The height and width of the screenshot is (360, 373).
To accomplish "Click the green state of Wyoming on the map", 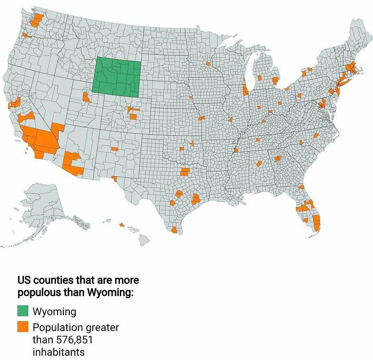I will (117, 78).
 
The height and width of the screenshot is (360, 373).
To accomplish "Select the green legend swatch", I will (23, 311).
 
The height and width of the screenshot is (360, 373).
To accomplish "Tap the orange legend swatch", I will (23, 326).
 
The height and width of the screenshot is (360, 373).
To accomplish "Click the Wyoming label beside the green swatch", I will (54, 312).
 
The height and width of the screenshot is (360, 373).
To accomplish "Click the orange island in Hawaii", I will (121, 225).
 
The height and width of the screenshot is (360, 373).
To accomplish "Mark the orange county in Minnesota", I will (207, 65).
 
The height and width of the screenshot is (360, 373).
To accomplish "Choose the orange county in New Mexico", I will (115, 149).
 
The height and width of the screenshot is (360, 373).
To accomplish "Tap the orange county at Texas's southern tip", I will (174, 230).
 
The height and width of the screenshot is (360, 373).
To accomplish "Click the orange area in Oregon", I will (26, 36).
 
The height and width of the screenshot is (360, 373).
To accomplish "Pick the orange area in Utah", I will (86, 97).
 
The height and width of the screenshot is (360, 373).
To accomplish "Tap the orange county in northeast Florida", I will (301, 187).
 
